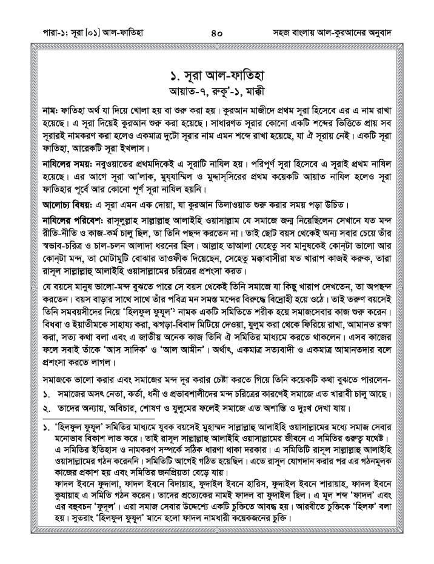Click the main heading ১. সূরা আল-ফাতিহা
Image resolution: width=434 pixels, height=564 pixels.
click(x=217, y=78)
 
